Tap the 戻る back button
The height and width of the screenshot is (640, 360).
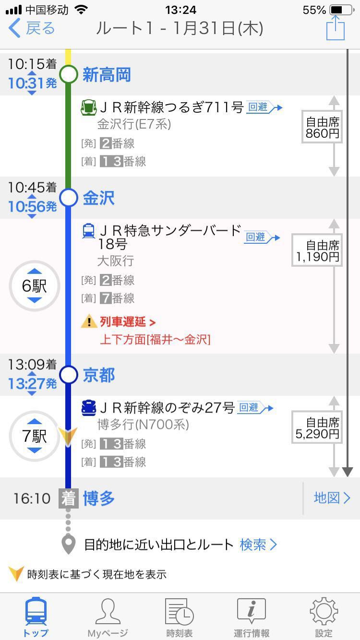coord(32,28)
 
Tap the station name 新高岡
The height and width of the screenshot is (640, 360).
coord(107,75)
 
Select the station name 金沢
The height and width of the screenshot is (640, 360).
coord(99,198)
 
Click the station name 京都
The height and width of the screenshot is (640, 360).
coord(99,375)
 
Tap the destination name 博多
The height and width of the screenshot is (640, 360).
coord(99,498)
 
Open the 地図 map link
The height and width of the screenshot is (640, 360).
coord(332,498)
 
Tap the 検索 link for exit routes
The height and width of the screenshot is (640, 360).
coord(258,545)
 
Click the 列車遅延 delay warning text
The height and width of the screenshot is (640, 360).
coord(128,322)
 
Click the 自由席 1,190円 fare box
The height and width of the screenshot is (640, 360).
coord(317,251)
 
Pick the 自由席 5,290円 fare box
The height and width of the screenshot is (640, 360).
coord(317,428)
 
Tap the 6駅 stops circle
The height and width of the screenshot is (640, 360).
coord(35,286)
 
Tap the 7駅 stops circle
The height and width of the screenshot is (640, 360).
coord(35,436)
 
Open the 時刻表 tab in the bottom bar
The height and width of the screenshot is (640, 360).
coord(180,617)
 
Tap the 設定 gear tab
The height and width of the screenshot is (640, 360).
coord(324,617)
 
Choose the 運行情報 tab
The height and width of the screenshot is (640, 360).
coord(252,617)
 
